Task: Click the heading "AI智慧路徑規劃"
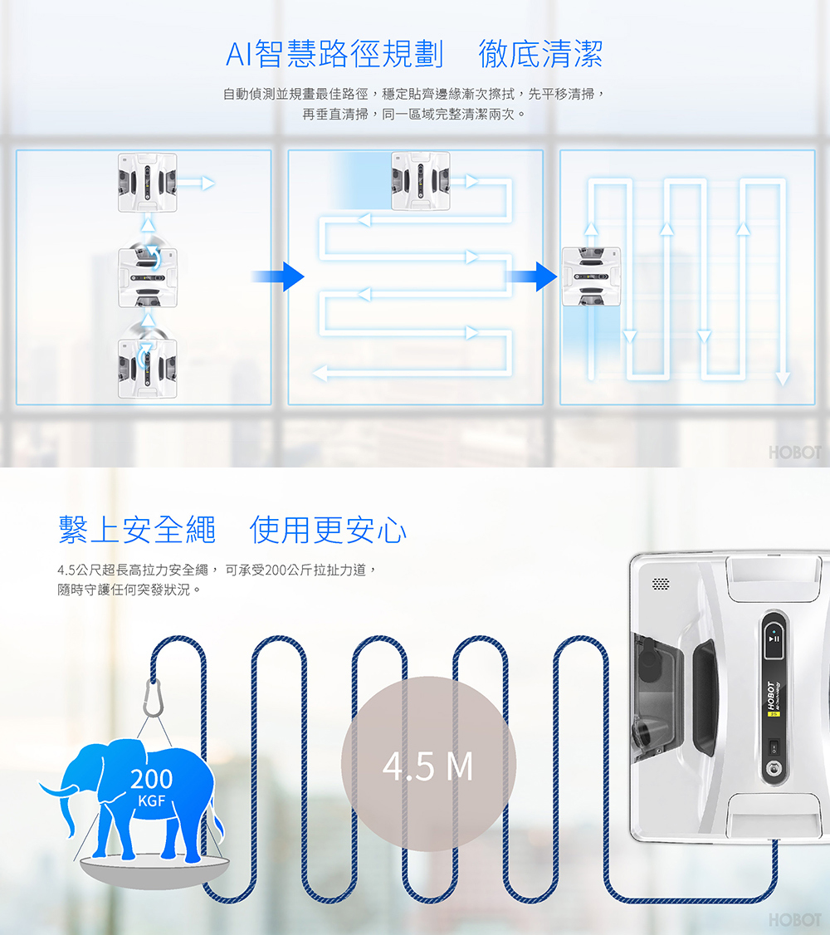(x=334, y=54)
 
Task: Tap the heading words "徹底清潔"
(x=540, y=54)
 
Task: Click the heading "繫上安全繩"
(x=137, y=530)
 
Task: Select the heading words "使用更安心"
(x=328, y=530)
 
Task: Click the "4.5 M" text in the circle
(x=427, y=766)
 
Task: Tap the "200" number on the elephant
(x=151, y=779)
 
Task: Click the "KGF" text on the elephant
(x=151, y=800)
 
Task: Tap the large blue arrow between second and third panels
(x=531, y=277)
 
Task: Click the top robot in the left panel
(x=147, y=183)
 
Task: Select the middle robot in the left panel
(x=147, y=278)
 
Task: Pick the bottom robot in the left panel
(x=147, y=369)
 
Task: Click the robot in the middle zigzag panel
(x=420, y=181)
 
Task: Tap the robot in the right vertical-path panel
(x=591, y=277)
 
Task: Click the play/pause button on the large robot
(x=774, y=639)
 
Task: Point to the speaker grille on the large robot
(x=661, y=584)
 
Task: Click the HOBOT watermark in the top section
(x=795, y=453)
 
